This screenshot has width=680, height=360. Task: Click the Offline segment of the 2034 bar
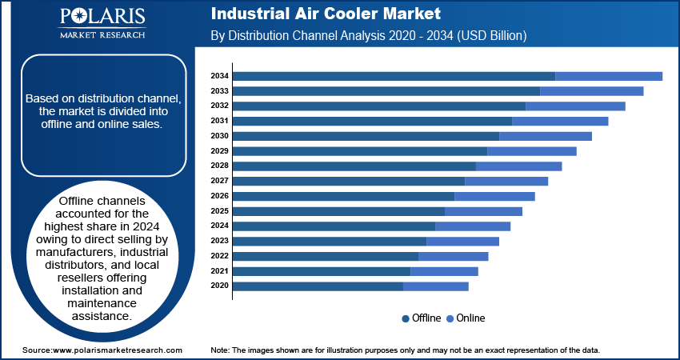(x=394, y=76)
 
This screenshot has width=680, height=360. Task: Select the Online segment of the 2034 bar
(x=609, y=76)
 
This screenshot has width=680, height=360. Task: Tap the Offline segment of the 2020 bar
(x=318, y=286)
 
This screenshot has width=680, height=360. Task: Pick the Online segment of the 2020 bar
(x=436, y=286)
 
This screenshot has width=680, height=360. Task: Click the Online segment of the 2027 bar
(x=506, y=181)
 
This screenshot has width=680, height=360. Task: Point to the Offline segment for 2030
(x=366, y=136)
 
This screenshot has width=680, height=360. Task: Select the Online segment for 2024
(x=473, y=226)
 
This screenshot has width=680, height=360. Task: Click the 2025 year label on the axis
(x=220, y=211)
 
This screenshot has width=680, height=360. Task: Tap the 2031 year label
(x=220, y=121)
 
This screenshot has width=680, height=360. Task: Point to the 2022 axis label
(x=220, y=256)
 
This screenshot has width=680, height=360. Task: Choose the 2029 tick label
(x=220, y=151)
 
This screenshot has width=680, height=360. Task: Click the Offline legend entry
(x=422, y=318)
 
